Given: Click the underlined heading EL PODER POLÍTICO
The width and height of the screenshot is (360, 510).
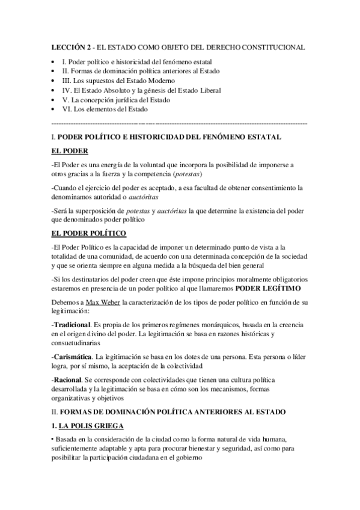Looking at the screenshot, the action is click(89, 232).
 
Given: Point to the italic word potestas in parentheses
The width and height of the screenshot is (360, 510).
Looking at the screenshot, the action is click(188, 174).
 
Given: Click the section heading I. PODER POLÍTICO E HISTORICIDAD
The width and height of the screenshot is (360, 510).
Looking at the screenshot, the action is click(166, 137).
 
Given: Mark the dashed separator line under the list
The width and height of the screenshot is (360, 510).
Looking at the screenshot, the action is click(180, 122).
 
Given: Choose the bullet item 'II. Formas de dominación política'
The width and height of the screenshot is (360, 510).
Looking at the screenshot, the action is click(142, 71).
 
